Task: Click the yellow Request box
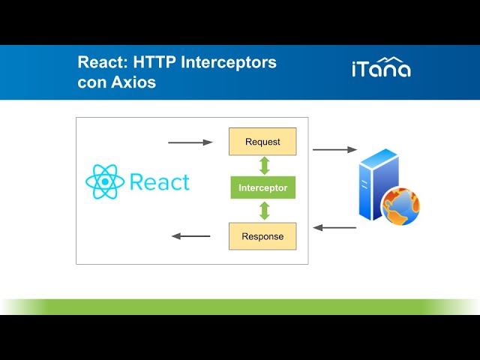[262, 141]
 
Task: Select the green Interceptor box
[262, 187]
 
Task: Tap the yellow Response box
[262, 236]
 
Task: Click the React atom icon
[103, 181]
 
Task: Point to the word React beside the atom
[159, 181]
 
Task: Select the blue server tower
[376, 184]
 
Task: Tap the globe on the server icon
[401, 206]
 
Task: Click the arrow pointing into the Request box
[190, 142]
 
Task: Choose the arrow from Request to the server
[334, 150]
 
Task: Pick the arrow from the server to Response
[334, 227]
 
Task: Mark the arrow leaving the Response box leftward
[191, 236]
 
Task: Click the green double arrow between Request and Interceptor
[263, 165]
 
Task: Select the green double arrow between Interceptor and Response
[263, 211]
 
